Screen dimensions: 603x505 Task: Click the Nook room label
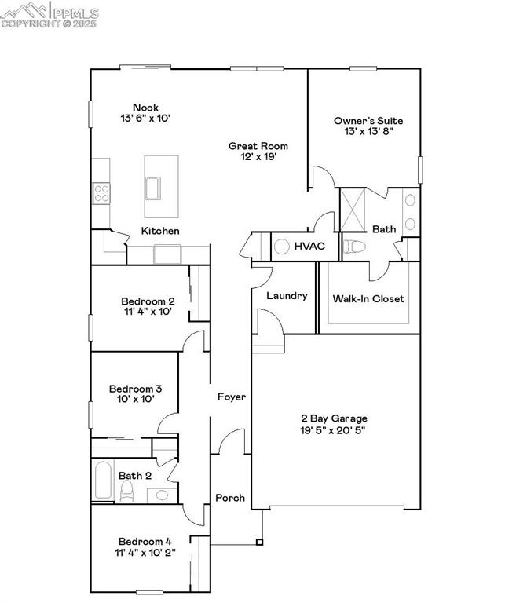tap(145, 108)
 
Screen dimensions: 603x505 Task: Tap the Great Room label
tap(258, 146)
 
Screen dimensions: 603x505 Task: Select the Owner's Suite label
tap(368, 121)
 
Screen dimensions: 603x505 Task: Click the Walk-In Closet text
tap(368, 298)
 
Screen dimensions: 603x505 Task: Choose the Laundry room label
tap(287, 296)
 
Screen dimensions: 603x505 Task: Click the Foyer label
tap(232, 397)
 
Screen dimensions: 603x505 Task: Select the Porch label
tap(230, 498)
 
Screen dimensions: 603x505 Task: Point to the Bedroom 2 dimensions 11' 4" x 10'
tap(148, 312)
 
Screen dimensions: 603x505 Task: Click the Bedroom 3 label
tap(135, 389)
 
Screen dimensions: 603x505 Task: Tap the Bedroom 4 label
tap(145, 541)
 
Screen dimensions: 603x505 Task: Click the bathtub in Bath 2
tap(102, 480)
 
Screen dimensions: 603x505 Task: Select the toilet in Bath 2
tap(127, 490)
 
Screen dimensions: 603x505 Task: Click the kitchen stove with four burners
tap(101, 192)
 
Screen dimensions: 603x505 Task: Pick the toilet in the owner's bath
tap(355, 247)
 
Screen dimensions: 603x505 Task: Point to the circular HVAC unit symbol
tap(282, 247)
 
